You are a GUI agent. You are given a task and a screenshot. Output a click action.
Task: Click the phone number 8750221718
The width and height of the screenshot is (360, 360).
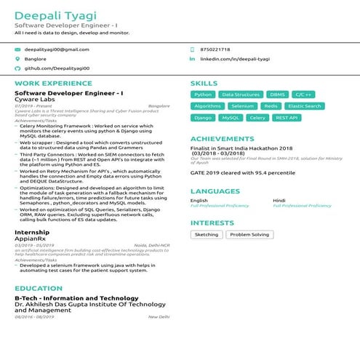click(x=215, y=49)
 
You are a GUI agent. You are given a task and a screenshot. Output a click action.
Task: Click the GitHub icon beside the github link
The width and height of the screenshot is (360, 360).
click(x=18, y=68)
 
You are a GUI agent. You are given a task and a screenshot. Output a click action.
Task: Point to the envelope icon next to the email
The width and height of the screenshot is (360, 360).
click(x=18, y=49)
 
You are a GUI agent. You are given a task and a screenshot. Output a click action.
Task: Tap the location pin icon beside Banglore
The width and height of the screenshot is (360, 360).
click(x=18, y=58)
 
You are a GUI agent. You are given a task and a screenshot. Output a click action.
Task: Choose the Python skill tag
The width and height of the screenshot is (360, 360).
click(x=203, y=95)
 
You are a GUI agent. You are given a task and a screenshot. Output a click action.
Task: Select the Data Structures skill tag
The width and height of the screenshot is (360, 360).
click(x=240, y=95)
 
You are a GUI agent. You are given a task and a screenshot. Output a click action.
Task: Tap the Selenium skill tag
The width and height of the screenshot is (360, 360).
click(x=242, y=106)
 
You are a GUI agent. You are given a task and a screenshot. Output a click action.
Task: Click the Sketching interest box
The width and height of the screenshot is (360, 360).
click(x=207, y=235)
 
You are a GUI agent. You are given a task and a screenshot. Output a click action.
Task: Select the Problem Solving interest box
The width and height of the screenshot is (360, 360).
click(x=249, y=235)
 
